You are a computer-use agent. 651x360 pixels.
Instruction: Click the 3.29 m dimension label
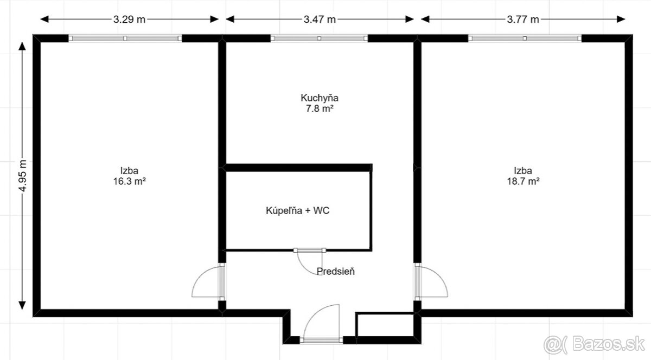click(x=129, y=20)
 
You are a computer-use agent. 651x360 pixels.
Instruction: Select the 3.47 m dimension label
click(x=319, y=20)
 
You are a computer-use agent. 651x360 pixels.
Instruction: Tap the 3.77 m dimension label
click(x=523, y=20)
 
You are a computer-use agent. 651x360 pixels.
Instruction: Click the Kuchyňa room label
click(x=320, y=98)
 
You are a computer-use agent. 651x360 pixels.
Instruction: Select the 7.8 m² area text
click(x=320, y=108)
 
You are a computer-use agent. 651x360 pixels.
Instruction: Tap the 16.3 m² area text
click(x=129, y=182)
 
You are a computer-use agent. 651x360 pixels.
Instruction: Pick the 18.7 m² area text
click(x=524, y=182)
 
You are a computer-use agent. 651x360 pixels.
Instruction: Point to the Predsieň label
click(x=336, y=272)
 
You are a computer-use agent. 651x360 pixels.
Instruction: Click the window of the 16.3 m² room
click(x=125, y=38)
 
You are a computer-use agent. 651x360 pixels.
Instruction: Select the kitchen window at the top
click(x=319, y=38)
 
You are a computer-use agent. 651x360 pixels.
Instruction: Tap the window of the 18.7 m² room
click(x=525, y=38)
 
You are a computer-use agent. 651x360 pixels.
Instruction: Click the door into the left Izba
click(x=209, y=282)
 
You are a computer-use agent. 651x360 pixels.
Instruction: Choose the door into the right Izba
click(x=431, y=282)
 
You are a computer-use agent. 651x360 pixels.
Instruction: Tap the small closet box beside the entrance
click(x=384, y=325)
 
